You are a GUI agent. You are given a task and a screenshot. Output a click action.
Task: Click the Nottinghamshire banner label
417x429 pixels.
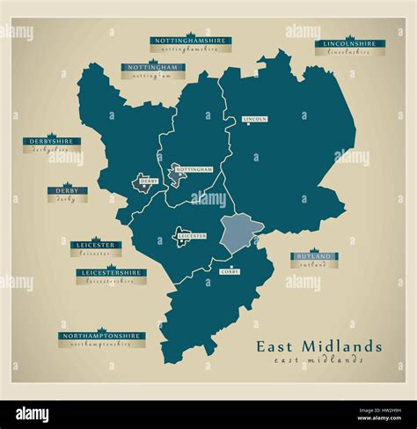[191, 41]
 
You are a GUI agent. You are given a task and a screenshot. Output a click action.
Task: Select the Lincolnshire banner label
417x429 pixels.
[349, 43]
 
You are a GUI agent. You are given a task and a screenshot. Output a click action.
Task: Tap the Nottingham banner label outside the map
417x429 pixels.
[153, 67]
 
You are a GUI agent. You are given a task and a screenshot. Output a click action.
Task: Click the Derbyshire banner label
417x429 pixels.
[51, 141]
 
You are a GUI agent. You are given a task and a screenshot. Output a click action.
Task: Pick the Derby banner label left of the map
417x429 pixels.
[67, 190]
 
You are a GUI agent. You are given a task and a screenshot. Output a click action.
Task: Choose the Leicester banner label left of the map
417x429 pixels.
[96, 244]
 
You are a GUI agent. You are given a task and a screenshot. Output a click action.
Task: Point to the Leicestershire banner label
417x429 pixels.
[111, 272]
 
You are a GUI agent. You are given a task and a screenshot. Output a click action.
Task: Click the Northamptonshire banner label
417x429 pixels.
[102, 336]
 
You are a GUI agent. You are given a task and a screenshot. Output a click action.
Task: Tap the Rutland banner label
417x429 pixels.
[315, 256]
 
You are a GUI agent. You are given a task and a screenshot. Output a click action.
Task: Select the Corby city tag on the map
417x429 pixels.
[230, 272]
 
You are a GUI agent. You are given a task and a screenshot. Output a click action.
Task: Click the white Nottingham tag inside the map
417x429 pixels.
[194, 168]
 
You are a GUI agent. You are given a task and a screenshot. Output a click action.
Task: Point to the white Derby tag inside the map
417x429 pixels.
[149, 181]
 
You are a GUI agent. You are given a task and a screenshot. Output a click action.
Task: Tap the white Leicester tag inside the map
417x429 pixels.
[191, 236]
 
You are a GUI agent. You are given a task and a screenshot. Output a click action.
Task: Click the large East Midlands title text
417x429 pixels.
[318, 346]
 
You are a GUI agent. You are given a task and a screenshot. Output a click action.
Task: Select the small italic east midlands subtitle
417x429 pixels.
[318, 360]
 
